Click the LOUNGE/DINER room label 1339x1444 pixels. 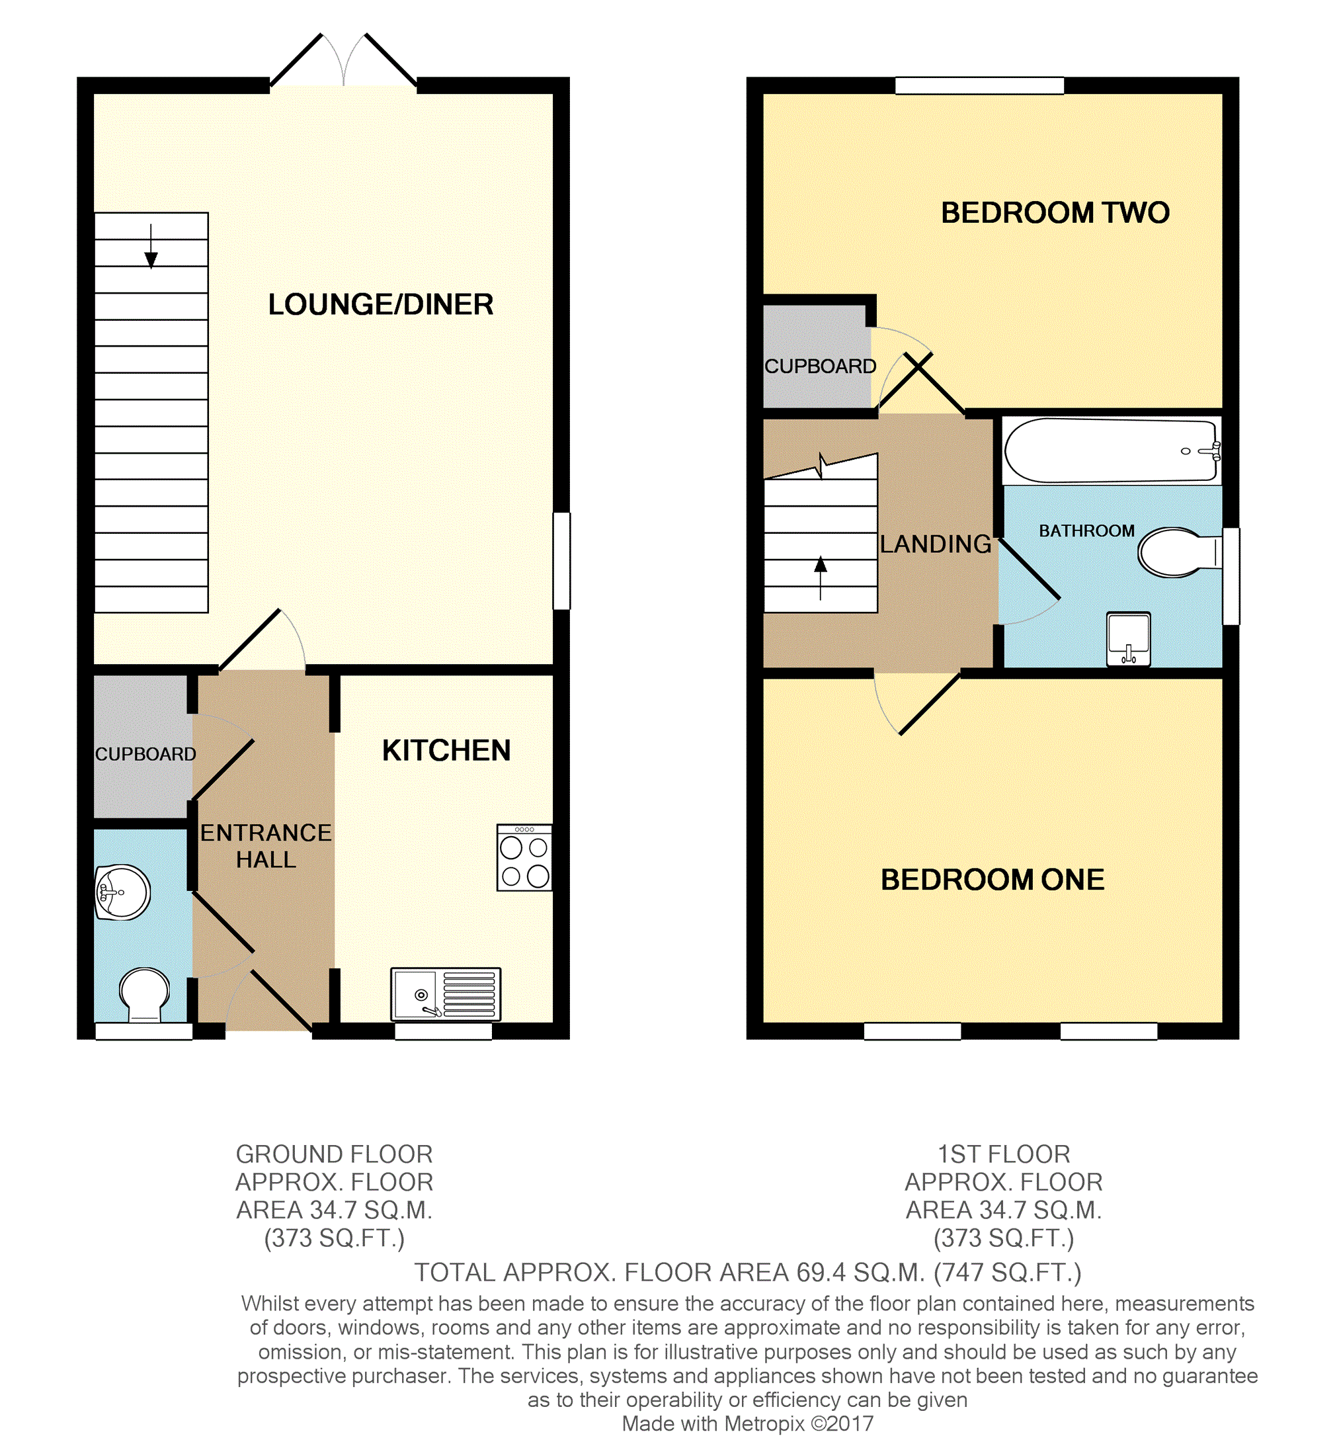[x=380, y=304]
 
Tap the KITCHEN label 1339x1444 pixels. [x=446, y=750]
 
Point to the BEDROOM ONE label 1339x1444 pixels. [x=992, y=880]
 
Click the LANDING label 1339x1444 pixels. [x=936, y=544]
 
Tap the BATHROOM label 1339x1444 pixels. [x=1087, y=531]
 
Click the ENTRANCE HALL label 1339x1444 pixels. [x=266, y=846]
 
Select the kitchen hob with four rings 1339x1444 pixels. [x=524, y=857]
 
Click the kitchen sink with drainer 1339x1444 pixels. [x=446, y=994]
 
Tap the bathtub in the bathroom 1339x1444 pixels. [x=1112, y=451]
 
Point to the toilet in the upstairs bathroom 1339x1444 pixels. [x=1179, y=552]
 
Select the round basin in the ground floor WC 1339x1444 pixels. [x=122, y=892]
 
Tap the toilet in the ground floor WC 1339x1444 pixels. [x=144, y=996]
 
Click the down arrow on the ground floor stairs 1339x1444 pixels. [x=151, y=247]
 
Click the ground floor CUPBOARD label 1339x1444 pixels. [x=145, y=754]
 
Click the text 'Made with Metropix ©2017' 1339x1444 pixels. [x=748, y=1423]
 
